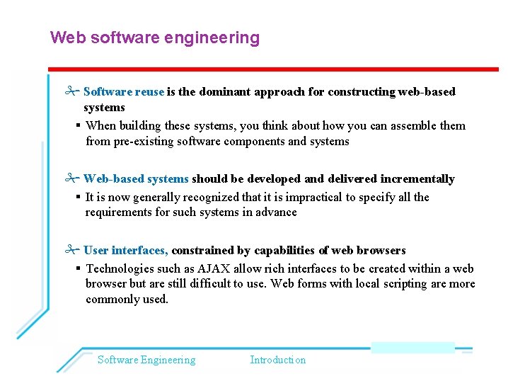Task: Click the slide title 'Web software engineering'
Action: click(155, 38)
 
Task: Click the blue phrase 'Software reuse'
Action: click(124, 91)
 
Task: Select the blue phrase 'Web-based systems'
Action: click(136, 178)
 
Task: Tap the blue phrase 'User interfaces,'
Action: click(126, 250)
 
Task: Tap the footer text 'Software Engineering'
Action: click(146, 360)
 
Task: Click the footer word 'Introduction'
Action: click(278, 360)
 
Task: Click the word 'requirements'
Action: click(118, 212)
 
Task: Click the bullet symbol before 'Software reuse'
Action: click(70, 91)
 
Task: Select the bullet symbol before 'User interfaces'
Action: click(70, 250)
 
